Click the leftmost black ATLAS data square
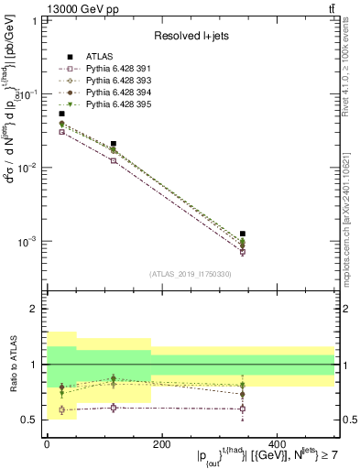(x=61, y=115)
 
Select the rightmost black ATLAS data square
(x=243, y=234)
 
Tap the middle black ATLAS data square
(x=114, y=144)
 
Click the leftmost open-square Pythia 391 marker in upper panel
(x=61, y=132)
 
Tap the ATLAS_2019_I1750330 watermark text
(x=190, y=274)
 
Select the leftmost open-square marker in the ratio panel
(x=61, y=410)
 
